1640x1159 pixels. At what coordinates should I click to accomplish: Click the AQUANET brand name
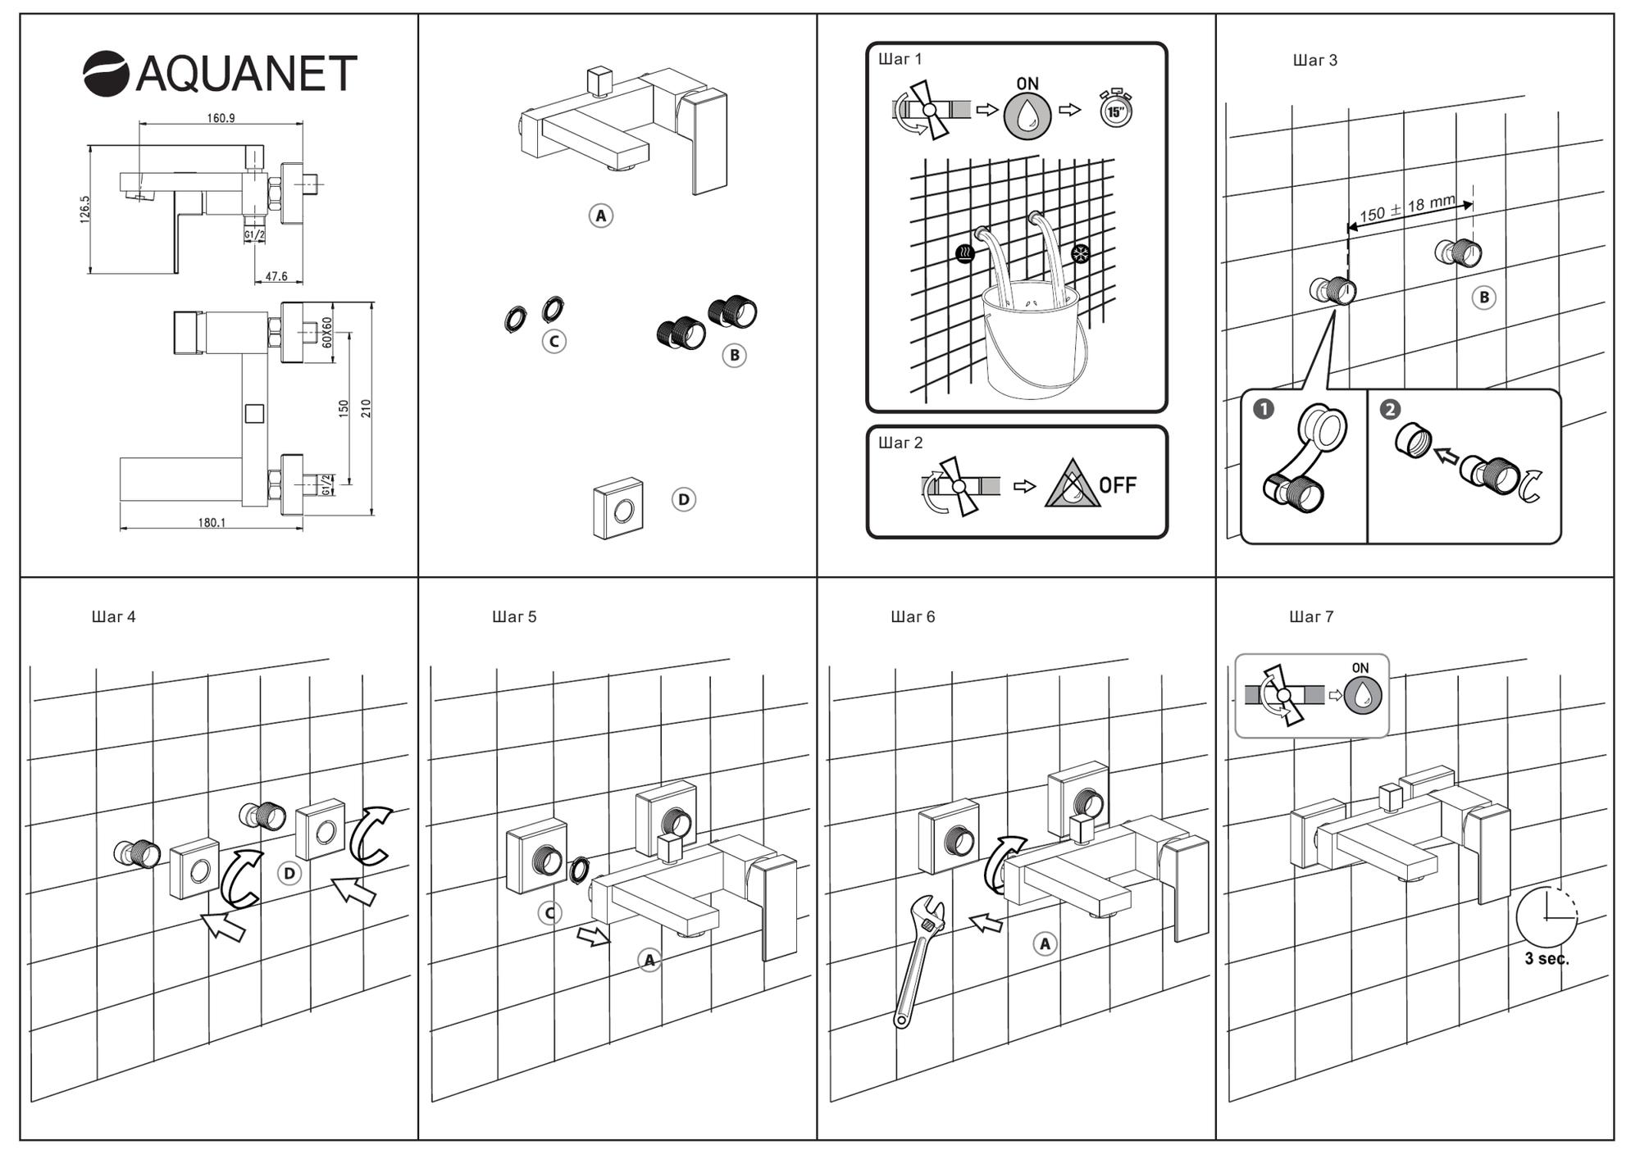[x=245, y=73]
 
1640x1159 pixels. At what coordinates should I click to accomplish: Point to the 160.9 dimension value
[x=221, y=118]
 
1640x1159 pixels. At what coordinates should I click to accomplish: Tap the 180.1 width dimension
[x=212, y=523]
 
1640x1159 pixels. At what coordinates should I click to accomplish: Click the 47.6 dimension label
[x=276, y=276]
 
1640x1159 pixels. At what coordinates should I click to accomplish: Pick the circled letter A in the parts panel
[x=601, y=216]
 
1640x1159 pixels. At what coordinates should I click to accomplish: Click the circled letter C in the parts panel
[x=554, y=341]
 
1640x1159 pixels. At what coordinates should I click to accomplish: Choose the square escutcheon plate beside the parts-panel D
[x=618, y=509]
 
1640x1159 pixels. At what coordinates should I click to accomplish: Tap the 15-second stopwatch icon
[x=1115, y=109]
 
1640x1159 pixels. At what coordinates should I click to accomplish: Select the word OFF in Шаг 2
[x=1118, y=485]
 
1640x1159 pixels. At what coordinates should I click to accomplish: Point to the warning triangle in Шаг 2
[x=1071, y=486]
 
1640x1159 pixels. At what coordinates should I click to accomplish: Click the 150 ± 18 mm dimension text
[x=1407, y=208]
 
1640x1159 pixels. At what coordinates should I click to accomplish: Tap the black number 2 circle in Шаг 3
[x=1390, y=409]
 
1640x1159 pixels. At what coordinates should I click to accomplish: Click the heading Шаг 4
[x=114, y=616]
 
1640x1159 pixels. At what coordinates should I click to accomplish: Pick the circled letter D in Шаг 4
[x=289, y=874]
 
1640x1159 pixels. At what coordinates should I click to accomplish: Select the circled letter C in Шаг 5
[x=549, y=913]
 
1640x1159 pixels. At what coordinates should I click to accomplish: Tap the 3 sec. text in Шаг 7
[x=1547, y=959]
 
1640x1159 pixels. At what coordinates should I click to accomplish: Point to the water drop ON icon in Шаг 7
[x=1362, y=695]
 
